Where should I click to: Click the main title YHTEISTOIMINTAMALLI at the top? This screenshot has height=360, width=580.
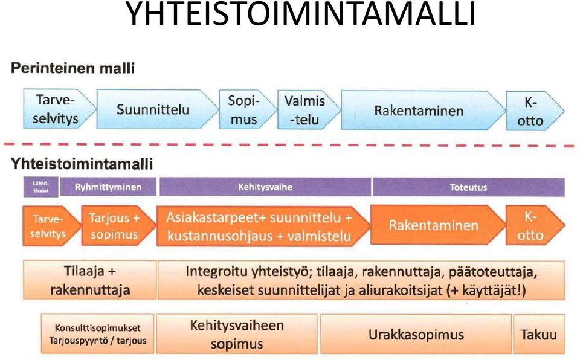click(300, 14)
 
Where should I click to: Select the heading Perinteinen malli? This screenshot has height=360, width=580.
click(72, 68)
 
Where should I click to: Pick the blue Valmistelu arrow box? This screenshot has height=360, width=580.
click(309, 110)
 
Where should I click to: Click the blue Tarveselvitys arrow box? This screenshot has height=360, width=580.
click(59, 109)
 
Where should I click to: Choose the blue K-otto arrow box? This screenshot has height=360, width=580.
click(535, 111)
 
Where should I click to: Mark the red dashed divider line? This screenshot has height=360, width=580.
click(289, 145)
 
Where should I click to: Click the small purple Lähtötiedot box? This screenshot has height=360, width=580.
click(40, 187)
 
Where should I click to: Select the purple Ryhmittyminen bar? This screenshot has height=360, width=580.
click(108, 187)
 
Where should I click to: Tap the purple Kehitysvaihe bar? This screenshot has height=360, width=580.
click(265, 187)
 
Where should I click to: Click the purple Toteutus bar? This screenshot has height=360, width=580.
click(468, 187)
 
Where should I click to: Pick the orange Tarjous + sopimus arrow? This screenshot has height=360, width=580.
click(118, 226)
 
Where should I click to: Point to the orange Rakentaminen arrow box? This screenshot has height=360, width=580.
click(437, 225)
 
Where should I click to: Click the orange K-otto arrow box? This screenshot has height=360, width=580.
click(535, 225)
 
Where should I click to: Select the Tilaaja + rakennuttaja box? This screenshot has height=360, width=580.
click(90, 280)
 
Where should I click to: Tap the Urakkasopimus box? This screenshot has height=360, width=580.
click(416, 334)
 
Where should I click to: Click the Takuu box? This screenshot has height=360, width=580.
click(539, 334)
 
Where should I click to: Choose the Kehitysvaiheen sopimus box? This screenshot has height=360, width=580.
click(237, 334)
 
